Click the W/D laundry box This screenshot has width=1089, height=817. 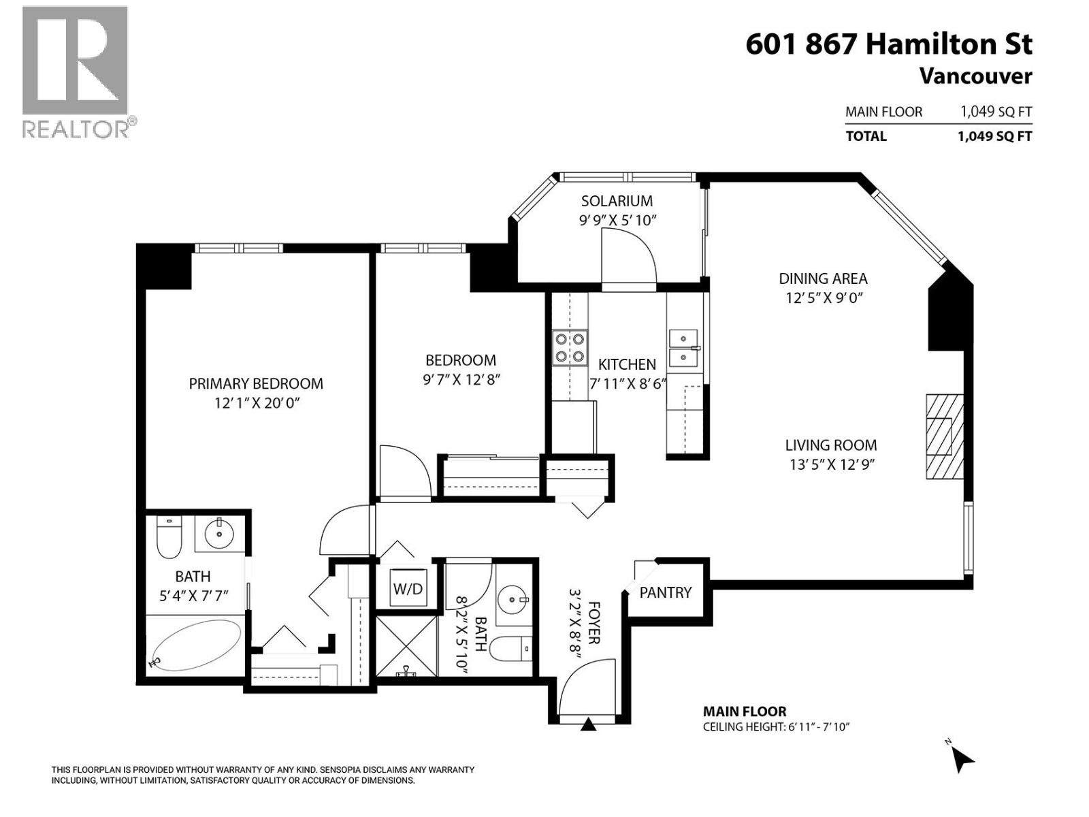(408, 588)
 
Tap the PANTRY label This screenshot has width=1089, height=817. (665, 592)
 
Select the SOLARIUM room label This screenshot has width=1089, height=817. (617, 201)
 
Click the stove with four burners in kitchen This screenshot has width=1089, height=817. (570, 347)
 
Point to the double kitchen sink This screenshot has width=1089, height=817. (683, 348)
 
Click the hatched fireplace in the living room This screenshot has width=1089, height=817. (944, 436)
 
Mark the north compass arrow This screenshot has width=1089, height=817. (962, 758)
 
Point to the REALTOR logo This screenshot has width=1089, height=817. (75, 71)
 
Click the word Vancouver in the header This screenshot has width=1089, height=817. (975, 76)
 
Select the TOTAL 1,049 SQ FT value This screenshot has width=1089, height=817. (994, 136)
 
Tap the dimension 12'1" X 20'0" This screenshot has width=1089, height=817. (257, 403)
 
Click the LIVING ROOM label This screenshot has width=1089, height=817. (830, 445)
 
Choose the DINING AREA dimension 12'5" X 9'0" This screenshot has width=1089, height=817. (824, 298)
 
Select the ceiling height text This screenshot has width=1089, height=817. (776, 727)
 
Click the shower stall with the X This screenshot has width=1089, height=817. (406, 645)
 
